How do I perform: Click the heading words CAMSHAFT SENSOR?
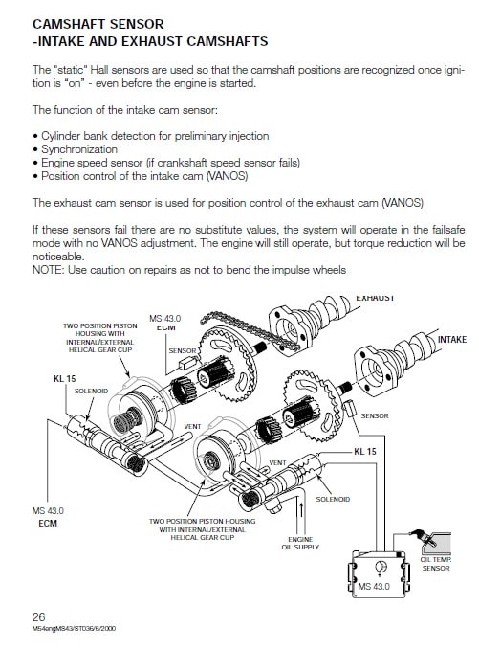(98, 24)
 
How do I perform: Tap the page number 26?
(38, 616)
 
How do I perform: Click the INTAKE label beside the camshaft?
(452, 340)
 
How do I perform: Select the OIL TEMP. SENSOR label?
(436, 564)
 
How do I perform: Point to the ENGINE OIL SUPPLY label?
(300, 543)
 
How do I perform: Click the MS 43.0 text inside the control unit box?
(374, 587)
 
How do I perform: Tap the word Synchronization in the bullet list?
(79, 149)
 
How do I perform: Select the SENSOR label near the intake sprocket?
(375, 415)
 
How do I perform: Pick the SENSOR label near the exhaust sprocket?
(183, 350)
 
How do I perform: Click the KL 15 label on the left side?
(65, 378)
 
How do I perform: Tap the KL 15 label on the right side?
(364, 451)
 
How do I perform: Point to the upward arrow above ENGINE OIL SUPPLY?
(301, 510)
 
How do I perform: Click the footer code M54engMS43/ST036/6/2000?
(74, 628)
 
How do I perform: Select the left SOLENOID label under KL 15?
(91, 391)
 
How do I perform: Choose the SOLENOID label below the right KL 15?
(333, 499)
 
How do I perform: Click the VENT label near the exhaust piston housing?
(192, 426)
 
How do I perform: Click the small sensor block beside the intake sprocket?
(350, 409)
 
